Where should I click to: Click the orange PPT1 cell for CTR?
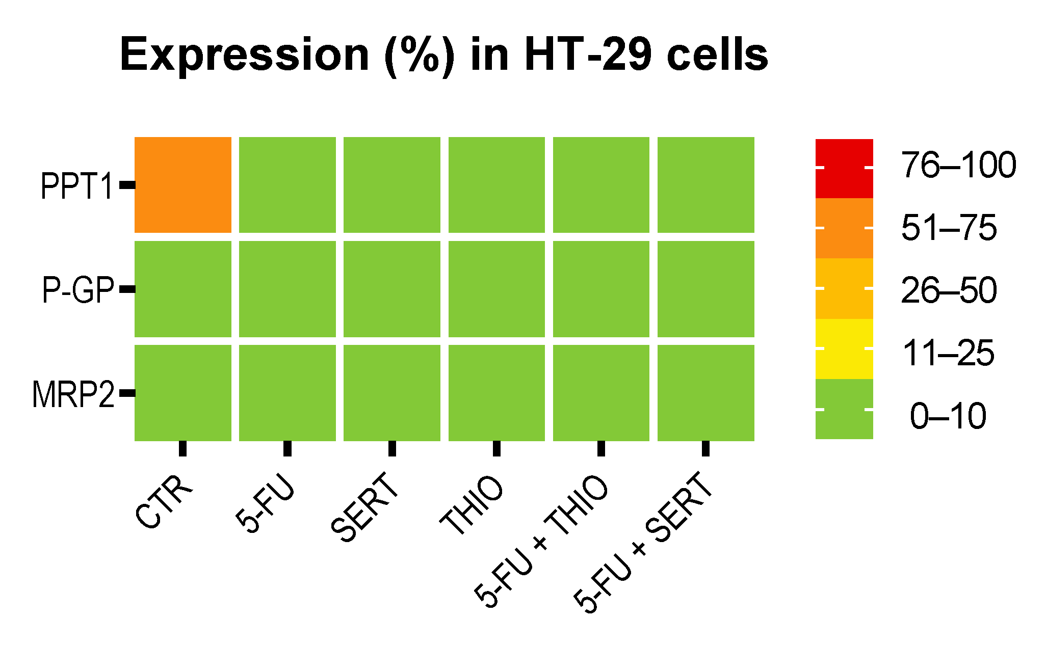(x=183, y=185)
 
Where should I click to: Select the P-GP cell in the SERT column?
(x=392, y=289)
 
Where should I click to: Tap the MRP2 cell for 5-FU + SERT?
(x=706, y=393)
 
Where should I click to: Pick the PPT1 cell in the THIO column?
(x=496, y=185)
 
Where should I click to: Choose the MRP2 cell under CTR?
(x=183, y=393)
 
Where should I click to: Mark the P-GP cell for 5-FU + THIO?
(x=602, y=289)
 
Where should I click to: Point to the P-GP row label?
(x=77, y=290)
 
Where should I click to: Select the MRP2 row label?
(x=73, y=395)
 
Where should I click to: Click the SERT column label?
(x=365, y=507)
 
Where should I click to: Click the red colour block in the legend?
(x=844, y=168)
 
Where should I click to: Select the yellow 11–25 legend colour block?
(x=844, y=349)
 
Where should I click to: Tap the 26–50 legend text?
(x=949, y=291)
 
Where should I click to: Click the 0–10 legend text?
(x=948, y=416)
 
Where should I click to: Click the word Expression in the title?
(x=245, y=55)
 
